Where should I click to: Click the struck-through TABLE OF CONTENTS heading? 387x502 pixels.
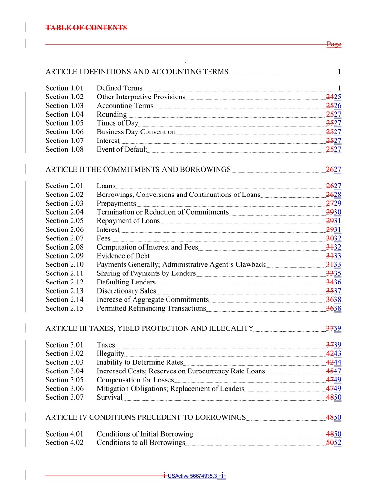pyautogui.click(x=86, y=28)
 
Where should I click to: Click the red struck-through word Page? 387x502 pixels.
pyautogui.click(x=334, y=44)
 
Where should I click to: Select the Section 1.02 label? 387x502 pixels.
pyautogui.click(x=64, y=97)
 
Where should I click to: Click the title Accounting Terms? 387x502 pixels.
pyautogui.click(x=125, y=106)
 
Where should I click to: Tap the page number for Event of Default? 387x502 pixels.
pyautogui.click(x=334, y=149)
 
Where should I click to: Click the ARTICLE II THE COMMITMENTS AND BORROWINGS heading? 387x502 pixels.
pyautogui.click(x=138, y=170)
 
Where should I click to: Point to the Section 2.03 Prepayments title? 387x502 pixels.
pyautogui.click(x=116, y=204)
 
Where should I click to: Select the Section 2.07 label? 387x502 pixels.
pyautogui.click(x=64, y=239)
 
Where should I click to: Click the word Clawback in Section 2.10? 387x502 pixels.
pyautogui.click(x=251, y=265)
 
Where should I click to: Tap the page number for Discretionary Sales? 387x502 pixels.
pyautogui.click(x=334, y=291)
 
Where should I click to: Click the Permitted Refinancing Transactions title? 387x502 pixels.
pyautogui.click(x=151, y=308)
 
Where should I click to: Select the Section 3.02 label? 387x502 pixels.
pyautogui.click(x=64, y=354)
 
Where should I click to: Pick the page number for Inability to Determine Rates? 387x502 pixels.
pyautogui.click(x=334, y=362)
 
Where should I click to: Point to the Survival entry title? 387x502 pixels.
pyautogui.click(x=109, y=397)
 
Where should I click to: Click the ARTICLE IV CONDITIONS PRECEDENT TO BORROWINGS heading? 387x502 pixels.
pyautogui.click(x=146, y=418)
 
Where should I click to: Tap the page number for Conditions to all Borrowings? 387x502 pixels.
pyautogui.click(x=334, y=443)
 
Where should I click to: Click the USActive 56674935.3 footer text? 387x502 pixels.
pyautogui.click(x=192, y=476)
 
